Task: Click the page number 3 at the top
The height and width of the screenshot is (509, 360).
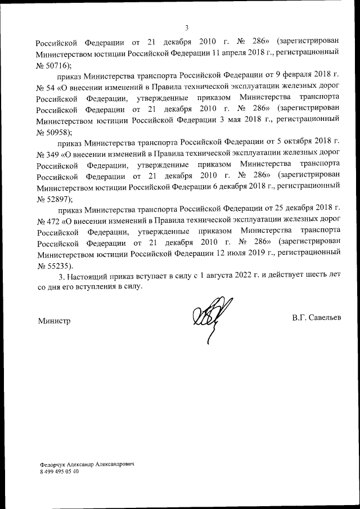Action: [x=187, y=28]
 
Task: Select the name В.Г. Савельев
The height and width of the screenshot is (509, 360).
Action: [x=316, y=319]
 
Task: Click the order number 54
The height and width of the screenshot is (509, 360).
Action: [x=48, y=88]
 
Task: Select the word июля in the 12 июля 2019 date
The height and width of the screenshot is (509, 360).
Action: [x=240, y=254]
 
